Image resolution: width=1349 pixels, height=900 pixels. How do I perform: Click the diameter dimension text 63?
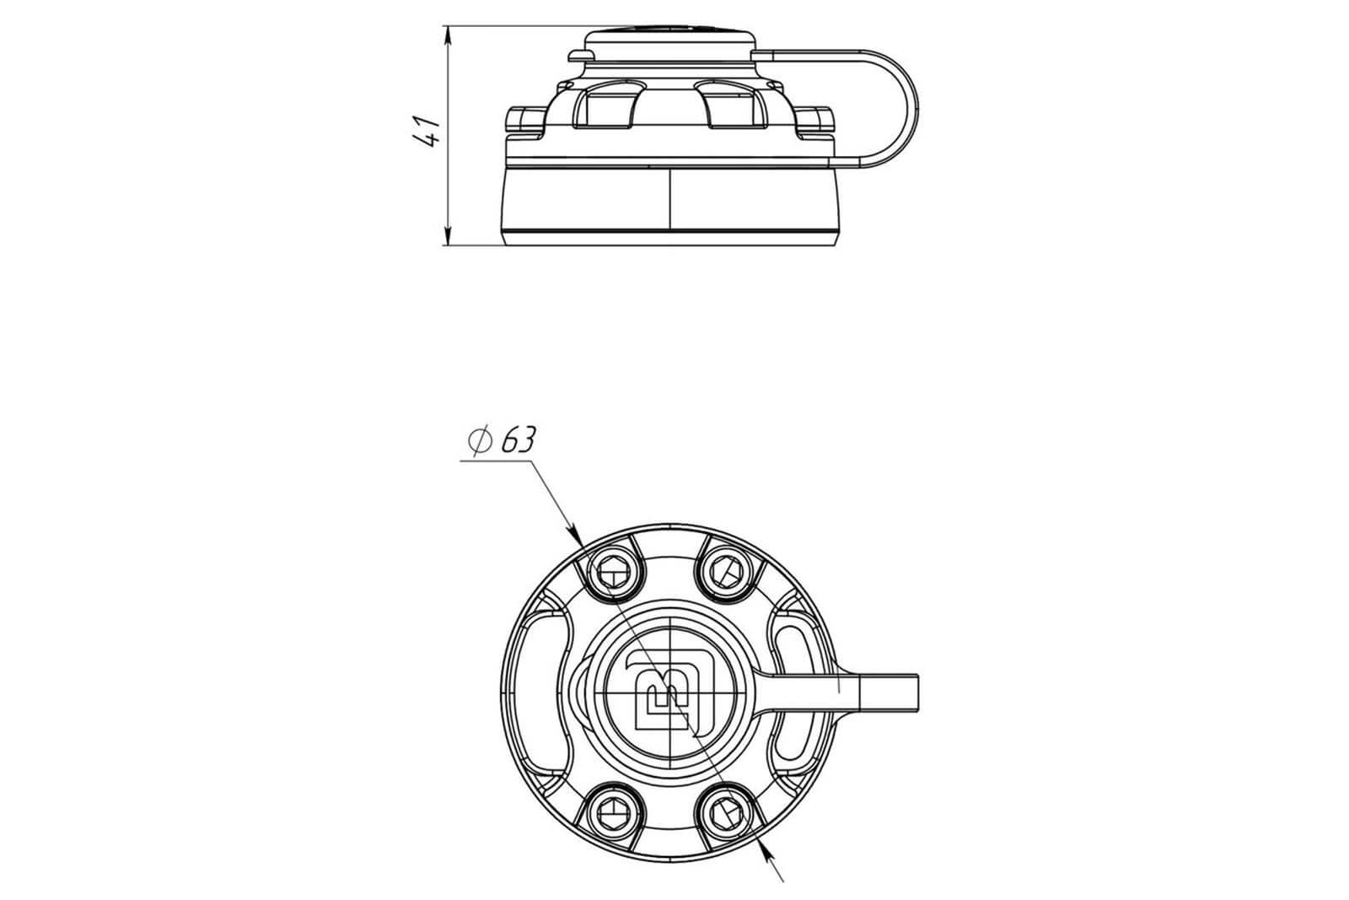[x=517, y=439]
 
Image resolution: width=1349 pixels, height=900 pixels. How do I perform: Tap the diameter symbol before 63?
[x=480, y=441]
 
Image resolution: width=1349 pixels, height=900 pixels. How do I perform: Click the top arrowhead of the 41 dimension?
[x=448, y=35]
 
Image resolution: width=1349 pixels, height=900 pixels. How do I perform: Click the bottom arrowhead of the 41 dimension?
[x=448, y=235]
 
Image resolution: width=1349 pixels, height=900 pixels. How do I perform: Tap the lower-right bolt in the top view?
[x=726, y=814]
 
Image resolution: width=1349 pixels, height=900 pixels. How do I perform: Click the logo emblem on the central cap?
[x=669, y=693]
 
